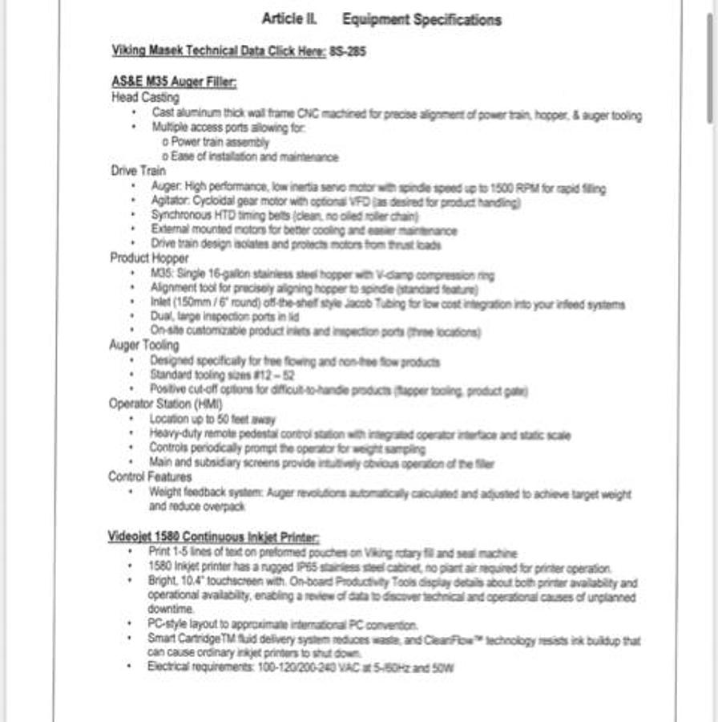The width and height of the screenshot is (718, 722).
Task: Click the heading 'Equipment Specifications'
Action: point(422,20)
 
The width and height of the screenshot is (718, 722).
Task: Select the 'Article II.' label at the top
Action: point(289,19)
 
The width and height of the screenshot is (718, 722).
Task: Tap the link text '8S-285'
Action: point(348,51)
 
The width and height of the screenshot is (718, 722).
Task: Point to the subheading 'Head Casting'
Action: point(145,97)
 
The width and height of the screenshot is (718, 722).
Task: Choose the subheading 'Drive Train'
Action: point(139,170)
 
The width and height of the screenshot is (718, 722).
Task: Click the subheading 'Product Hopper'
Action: point(150,258)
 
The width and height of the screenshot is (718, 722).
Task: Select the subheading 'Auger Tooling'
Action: point(144,345)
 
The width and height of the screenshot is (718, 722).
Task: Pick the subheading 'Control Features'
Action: point(150,477)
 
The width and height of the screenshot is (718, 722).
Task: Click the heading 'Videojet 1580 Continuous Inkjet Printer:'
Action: point(214,537)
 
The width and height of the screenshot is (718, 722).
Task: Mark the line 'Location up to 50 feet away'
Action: point(212,420)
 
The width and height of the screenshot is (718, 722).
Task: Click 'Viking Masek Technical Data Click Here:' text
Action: point(219,51)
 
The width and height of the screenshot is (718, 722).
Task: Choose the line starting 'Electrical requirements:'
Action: point(300,667)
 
